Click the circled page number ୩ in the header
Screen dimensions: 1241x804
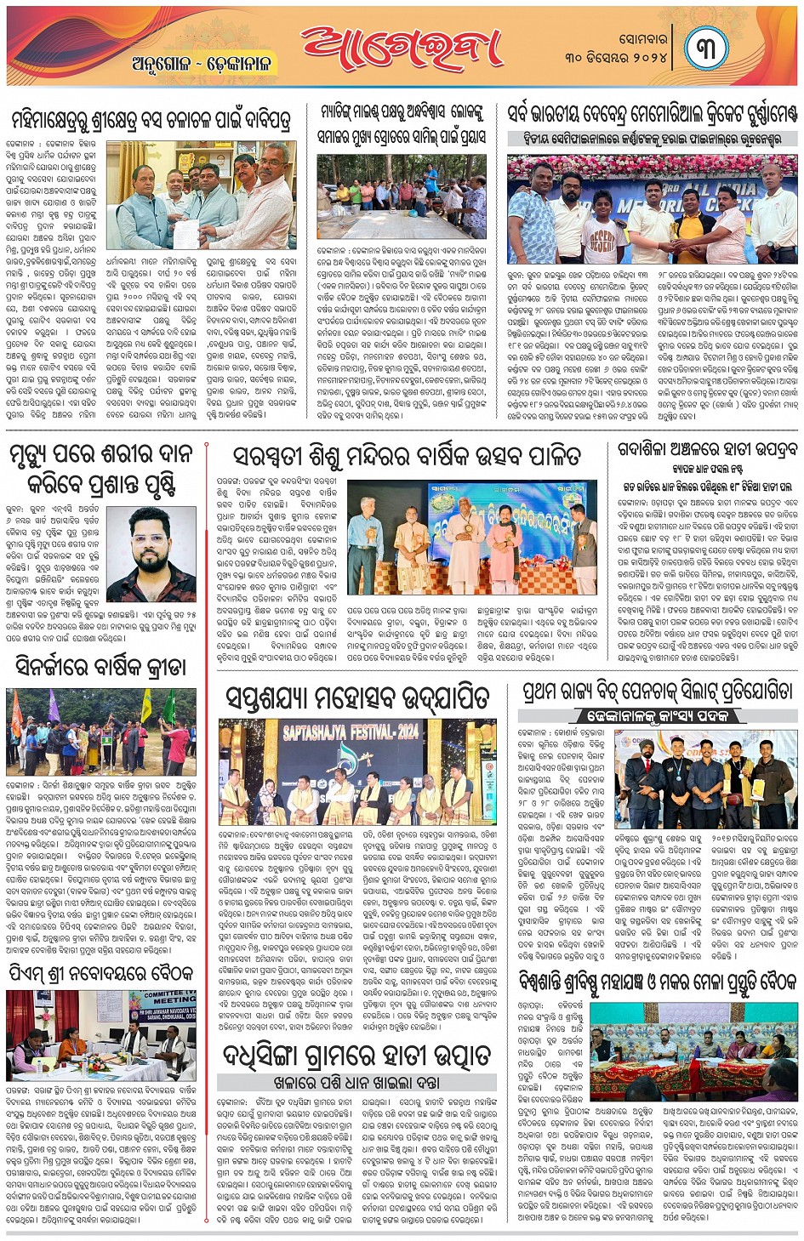pos(707,48)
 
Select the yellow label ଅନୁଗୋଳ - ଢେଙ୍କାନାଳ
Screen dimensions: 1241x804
pos(200,64)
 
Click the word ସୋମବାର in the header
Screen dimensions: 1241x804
pos(642,38)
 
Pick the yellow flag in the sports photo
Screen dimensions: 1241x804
pos(145,702)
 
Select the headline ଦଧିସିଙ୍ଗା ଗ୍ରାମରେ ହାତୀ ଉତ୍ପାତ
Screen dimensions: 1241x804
pos(356,1056)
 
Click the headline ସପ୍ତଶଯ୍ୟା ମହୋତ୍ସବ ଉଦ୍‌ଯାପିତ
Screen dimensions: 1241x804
pos(357,697)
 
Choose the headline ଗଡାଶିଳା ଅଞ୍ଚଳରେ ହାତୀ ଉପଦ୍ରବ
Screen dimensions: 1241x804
pos(707,451)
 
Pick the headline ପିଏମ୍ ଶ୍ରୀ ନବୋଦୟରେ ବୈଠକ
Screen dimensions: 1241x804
pos(102,972)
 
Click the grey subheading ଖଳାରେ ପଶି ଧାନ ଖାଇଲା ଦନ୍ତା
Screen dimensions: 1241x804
pos(356,1083)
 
